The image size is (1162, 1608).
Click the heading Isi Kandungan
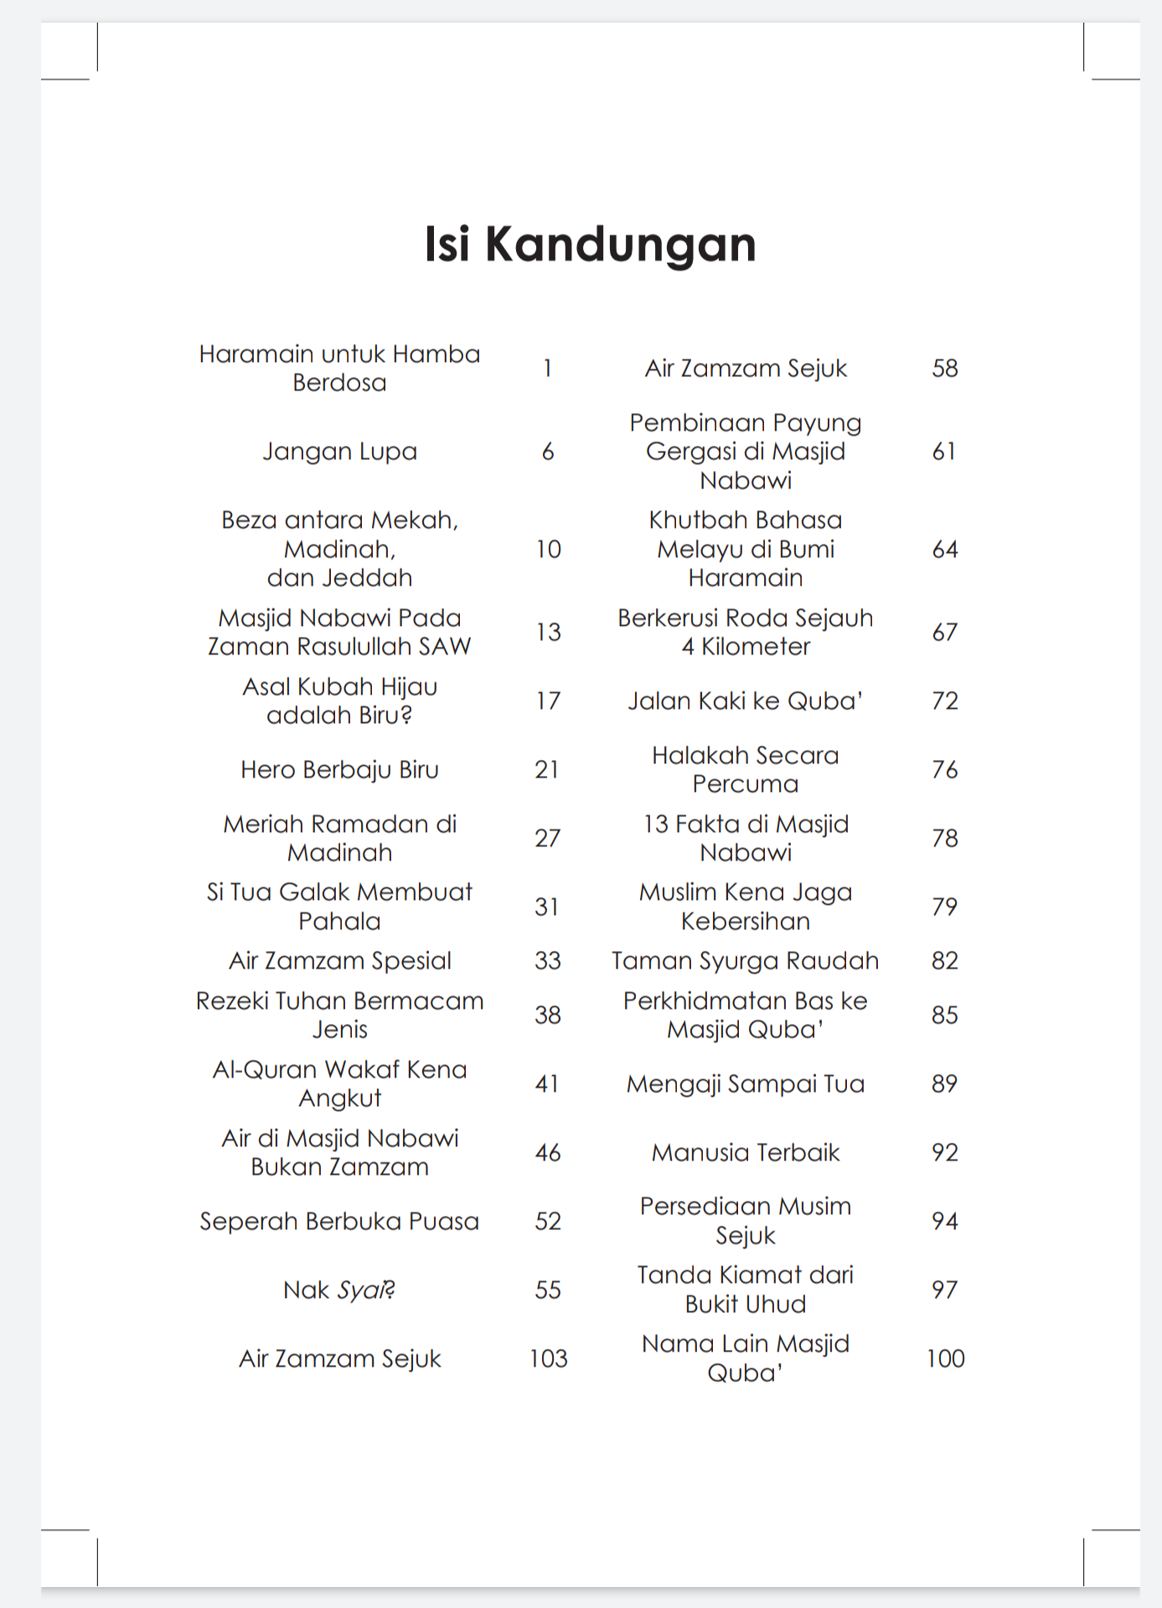click(590, 244)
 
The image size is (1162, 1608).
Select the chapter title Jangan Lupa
click(339, 452)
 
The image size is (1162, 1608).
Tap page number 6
click(548, 452)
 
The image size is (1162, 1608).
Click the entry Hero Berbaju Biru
click(339, 769)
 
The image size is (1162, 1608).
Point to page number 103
click(548, 1358)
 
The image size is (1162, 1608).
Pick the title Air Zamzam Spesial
click(339, 960)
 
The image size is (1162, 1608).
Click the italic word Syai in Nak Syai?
click(362, 1290)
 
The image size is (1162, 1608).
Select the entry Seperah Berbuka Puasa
click(339, 1222)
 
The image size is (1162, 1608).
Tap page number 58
click(944, 369)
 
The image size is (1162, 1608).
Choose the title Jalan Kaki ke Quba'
click(745, 701)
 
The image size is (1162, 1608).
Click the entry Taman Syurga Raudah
click(745, 960)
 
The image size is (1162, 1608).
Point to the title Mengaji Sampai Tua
click(745, 1084)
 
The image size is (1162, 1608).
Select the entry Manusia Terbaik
click(745, 1153)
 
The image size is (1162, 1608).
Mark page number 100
click(945, 1358)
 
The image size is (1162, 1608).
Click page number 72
click(944, 701)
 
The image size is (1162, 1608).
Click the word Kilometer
click(756, 647)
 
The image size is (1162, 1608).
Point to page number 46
click(548, 1153)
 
